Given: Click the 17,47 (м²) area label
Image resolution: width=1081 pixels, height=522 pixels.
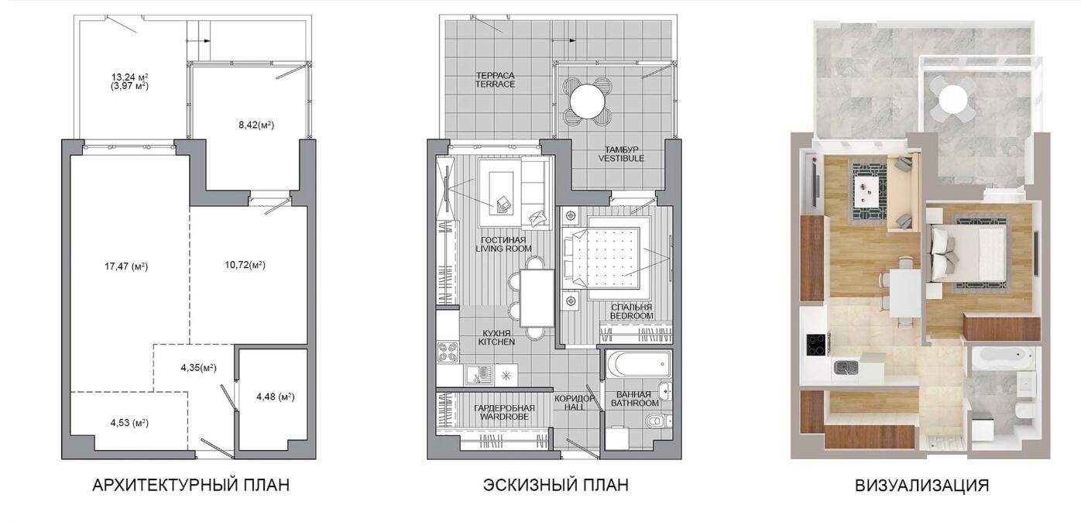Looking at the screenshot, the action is point(126,266).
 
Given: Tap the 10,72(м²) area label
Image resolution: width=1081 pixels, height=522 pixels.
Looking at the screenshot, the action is point(245,265).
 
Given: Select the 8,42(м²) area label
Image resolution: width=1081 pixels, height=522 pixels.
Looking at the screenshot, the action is point(256,125).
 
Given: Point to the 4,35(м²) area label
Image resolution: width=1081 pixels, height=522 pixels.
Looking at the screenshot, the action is point(199,367).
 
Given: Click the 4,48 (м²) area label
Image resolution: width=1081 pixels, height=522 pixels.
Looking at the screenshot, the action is point(275,397).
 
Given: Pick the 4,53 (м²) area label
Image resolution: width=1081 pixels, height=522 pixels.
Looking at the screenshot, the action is point(129,423).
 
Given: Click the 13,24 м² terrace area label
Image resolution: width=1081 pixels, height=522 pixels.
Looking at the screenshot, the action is point(129,77).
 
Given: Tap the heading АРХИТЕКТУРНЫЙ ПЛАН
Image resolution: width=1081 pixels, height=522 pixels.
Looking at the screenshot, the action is point(190,485).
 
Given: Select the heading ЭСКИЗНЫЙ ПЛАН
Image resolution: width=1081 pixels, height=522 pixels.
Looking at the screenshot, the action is point(556,485).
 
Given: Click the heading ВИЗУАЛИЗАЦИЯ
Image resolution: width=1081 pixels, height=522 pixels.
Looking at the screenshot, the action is point(922,485).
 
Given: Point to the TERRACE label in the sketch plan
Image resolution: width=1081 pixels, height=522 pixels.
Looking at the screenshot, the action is point(495,84).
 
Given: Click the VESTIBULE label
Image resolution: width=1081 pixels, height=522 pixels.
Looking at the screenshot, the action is point(621,158).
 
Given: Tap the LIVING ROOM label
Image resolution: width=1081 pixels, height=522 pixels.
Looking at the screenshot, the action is point(503,249).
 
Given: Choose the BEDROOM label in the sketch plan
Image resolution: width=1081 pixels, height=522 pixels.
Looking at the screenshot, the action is point(631,316).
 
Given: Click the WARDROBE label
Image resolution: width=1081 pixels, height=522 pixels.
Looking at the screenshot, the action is point(504,417).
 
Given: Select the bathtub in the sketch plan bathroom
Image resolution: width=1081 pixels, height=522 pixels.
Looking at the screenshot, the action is point(639,365).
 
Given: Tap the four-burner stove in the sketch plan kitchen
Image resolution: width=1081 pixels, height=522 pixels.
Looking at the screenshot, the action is point(448,352).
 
